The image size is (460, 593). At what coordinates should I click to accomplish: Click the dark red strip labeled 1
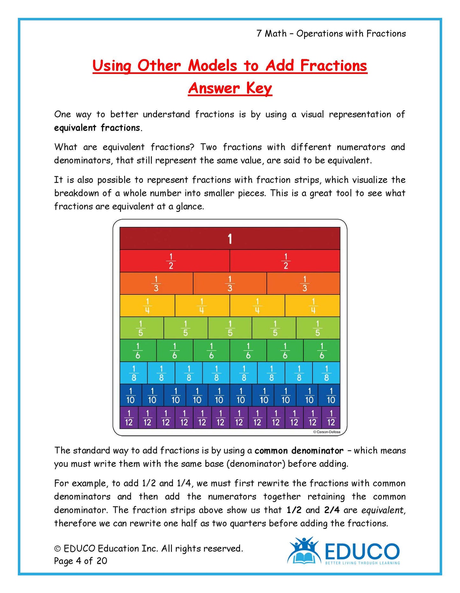[x=230, y=239]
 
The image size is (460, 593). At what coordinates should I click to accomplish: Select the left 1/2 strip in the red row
[x=174, y=261]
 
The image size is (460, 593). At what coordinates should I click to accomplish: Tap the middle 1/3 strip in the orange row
[x=230, y=284]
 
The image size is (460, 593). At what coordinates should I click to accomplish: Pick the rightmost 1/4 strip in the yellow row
[x=313, y=306]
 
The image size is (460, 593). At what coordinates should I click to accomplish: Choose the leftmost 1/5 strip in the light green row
[x=141, y=328]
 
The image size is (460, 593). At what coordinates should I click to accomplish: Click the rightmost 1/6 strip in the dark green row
[x=322, y=351]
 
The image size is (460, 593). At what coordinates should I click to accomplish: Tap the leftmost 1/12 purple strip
[x=129, y=418]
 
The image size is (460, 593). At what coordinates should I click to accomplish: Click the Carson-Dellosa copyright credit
[x=327, y=432]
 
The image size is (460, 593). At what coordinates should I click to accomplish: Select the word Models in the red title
[x=212, y=66]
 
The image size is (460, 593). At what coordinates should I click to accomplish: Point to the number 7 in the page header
[x=259, y=33]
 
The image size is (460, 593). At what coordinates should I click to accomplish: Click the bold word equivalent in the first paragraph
[x=75, y=128]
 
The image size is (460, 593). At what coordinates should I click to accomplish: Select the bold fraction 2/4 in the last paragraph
[x=332, y=510]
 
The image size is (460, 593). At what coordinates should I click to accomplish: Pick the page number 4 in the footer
[x=79, y=561]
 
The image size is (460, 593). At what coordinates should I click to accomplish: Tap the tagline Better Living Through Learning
[x=362, y=563]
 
